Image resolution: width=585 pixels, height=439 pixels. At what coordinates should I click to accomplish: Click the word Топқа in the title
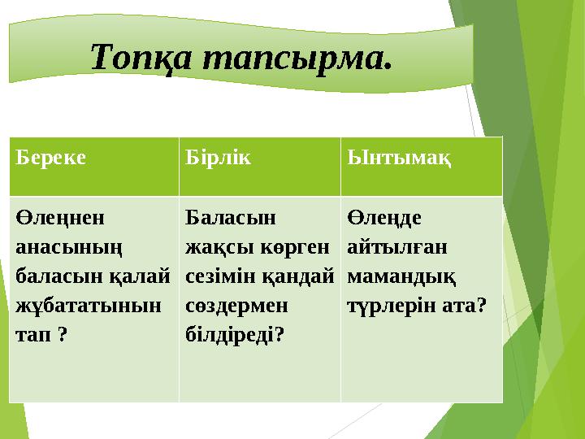pos(141,57)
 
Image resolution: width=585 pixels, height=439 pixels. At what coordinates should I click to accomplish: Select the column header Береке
pos(50,157)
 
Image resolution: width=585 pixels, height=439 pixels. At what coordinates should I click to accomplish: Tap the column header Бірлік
pos(218,157)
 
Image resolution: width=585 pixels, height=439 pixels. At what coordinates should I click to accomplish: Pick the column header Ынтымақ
pos(399,158)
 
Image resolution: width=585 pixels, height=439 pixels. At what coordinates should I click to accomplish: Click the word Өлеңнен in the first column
pos(60,218)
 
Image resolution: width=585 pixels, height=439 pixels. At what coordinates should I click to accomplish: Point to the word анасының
pos(69,247)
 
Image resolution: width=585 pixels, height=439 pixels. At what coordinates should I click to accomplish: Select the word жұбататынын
pos(89,306)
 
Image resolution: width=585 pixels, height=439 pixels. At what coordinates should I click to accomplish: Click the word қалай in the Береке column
pos(140,276)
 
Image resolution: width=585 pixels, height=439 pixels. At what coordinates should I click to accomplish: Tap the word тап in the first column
pos(32,334)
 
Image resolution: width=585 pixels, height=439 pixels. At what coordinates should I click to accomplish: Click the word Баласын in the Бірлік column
pos(231,217)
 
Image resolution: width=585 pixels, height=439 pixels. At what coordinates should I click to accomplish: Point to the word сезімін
pos(219,276)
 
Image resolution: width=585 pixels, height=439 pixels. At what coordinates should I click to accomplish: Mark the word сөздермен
pos(236,306)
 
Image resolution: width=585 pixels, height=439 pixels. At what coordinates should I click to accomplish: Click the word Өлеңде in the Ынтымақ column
pos(384,218)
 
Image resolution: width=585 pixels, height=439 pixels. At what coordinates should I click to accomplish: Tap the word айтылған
pos(397,247)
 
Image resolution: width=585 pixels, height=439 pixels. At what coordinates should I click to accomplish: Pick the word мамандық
pos(401,277)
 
